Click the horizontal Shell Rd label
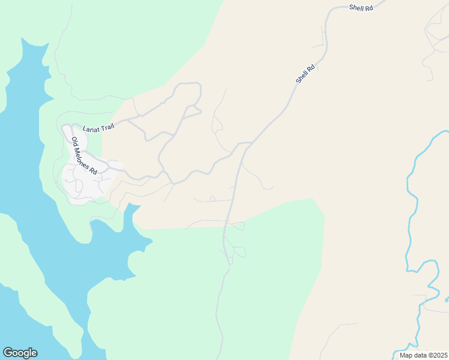coord(361,7)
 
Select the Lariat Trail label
coord(97,128)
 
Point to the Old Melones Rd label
coord(84,156)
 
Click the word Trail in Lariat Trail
coord(106,127)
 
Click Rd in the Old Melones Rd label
coord(93,170)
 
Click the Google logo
coord(20,353)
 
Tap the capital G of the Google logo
coord(8,352)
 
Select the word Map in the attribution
coord(406,355)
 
